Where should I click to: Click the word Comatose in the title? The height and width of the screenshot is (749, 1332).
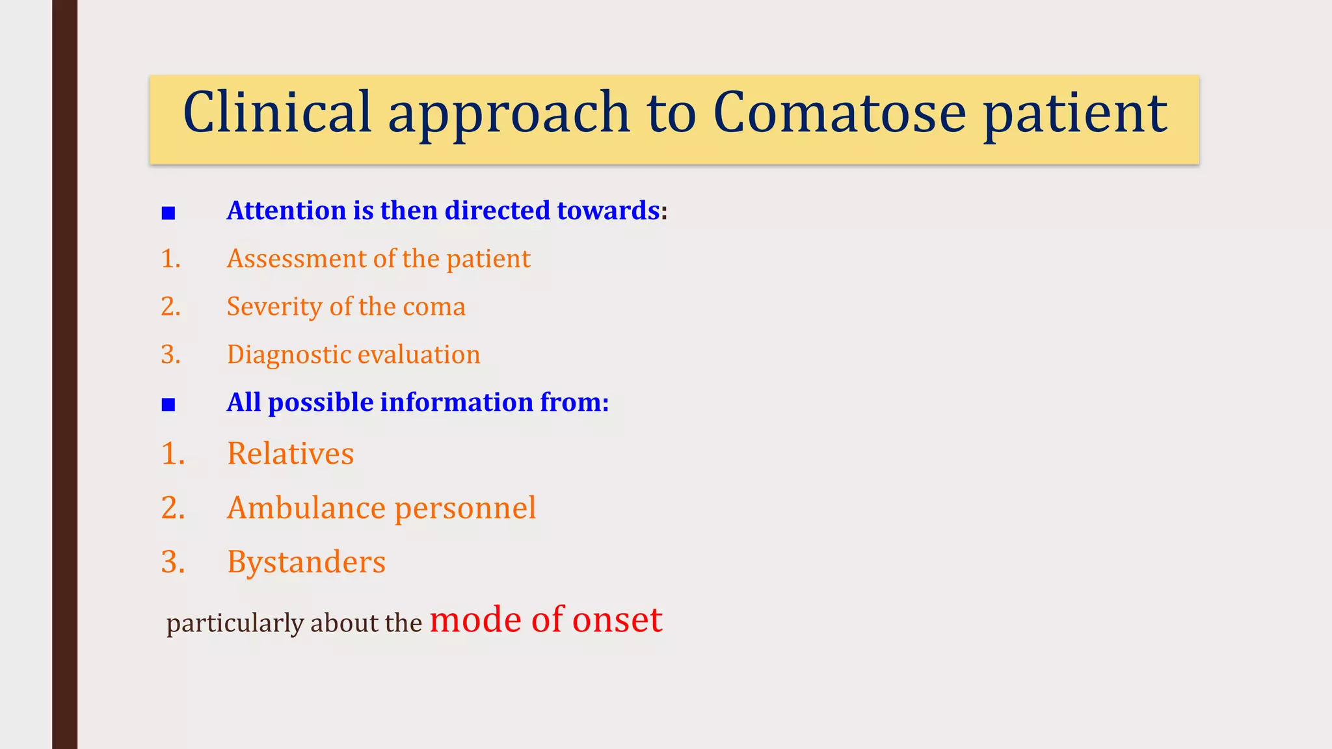[839, 112]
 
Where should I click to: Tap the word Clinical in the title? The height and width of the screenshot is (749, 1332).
[277, 112]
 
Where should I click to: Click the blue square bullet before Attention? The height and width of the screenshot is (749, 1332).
[168, 213]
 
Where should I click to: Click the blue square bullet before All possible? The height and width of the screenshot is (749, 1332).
[168, 404]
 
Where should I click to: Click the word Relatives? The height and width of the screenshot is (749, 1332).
[290, 454]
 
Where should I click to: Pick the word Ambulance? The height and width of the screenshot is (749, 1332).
[306, 508]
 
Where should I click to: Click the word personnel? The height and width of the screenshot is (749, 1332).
[465, 509]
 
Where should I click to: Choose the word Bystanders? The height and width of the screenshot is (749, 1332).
[306, 562]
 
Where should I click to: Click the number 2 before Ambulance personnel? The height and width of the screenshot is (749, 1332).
[172, 508]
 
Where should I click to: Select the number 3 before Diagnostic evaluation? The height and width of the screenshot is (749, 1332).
[170, 355]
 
